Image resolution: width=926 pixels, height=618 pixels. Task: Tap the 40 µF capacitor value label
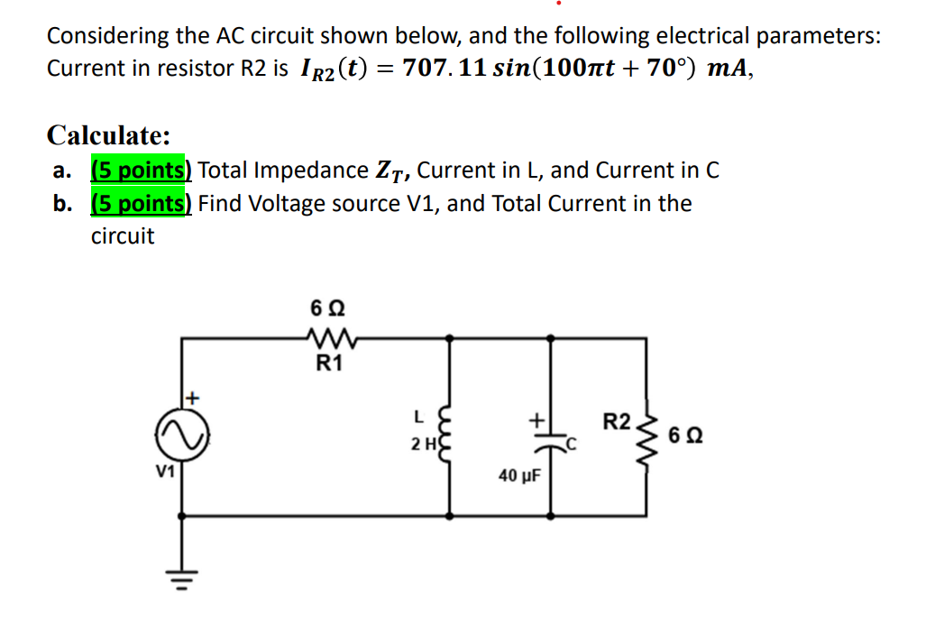(x=518, y=475)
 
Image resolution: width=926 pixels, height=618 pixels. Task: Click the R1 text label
(x=329, y=364)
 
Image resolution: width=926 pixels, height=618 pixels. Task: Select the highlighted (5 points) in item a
(x=142, y=170)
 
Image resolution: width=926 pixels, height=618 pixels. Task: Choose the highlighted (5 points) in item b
(x=142, y=203)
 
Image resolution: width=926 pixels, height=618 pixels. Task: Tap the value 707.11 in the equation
(x=445, y=69)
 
